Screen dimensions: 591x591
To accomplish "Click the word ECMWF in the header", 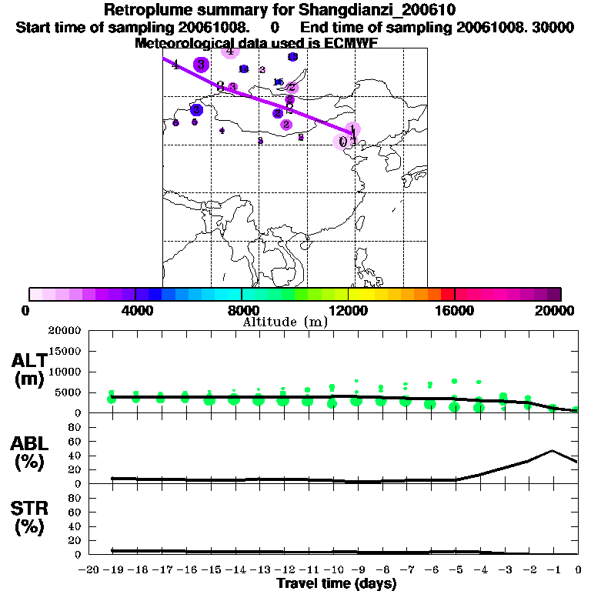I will (x=350, y=43).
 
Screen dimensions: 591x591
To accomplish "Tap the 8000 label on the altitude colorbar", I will (x=241, y=310).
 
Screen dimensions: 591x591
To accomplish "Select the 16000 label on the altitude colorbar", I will (x=454, y=310).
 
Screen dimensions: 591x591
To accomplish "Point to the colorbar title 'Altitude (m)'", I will (x=285, y=322).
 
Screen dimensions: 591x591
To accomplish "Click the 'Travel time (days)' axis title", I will (x=336, y=584).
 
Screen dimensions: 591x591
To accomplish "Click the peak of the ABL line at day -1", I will (x=553, y=451).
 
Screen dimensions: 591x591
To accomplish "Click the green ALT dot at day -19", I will (x=112, y=399).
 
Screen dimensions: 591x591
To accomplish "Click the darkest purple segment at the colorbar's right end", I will (x=554, y=294).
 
